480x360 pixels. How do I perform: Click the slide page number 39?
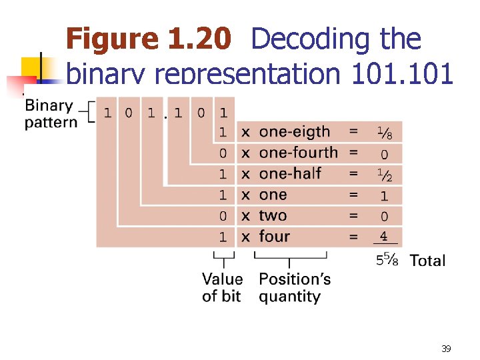pyautogui.click(x=446, y=348)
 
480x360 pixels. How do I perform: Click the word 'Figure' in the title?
pyautogui.click(x=113, y=40)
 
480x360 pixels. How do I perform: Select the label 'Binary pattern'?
pyautogui.click(x=50, y=114)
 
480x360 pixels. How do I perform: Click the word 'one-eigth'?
pyautogui.click(x=294, y=132)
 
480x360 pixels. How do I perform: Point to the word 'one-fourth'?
pyautogui.click(x=298, y=153)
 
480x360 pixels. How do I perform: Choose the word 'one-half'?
pyautogui.click(x=290, y=173)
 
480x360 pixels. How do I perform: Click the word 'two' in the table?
pyautogui.click(x=273, y=215)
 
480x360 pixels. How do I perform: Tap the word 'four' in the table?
pyautogui.click(x=274, y=236)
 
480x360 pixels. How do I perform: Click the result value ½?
pyautogui.click(x=383, y=175)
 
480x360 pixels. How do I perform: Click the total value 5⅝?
pyautogui.click(x=387, y=259)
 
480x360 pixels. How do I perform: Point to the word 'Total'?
pyautogui.click(x=427, y=260)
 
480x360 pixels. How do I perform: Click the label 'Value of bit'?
pyautogui.click(x=222, y=287)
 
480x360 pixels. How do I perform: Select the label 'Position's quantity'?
pyautogui.click(x=294, y=287)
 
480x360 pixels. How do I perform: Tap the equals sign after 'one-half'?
pyautogui.click(x=353, y=173)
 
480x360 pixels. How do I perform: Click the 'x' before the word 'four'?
pyautogui.click(x=246, y=236)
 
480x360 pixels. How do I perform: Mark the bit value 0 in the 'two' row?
pyautogui.click(x=223, y=215)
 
